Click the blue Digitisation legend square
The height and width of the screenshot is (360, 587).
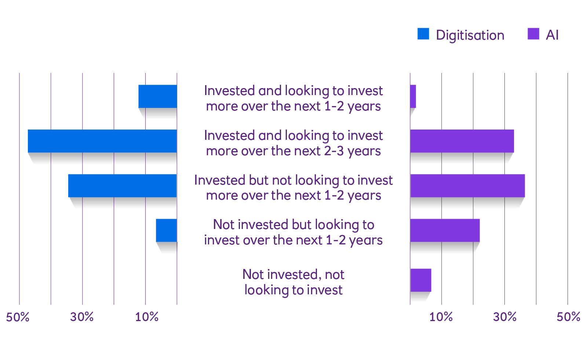click(x=423, y=34)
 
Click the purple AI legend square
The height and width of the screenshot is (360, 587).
click(x=533, y=34)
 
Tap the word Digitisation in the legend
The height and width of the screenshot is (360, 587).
click(x=470, y=35)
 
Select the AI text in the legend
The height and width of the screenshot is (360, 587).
click(x=552, y=34)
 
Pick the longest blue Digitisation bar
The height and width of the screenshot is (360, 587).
click(x=102, y=141)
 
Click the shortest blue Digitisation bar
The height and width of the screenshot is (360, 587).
click(x=167, y=230)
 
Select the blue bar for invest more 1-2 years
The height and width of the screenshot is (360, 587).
click(x=158, y=97)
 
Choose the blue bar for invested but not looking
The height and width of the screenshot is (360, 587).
click(x=123, y=186)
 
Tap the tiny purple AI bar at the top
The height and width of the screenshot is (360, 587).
click(x=413, y=97)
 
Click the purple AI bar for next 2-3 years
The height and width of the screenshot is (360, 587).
click(x=462, y=141)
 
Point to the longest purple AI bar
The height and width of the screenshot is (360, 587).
click(x=467, y=186)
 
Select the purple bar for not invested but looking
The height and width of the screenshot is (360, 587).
click(x=445, y=230)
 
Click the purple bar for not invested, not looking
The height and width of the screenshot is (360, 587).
click(x=420, y=280)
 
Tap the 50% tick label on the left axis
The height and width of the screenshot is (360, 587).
click(x=18, y=317)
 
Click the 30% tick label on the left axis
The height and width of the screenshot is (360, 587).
click(x=82, y=317)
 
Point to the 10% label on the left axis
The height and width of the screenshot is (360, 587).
click(x=147, y=317)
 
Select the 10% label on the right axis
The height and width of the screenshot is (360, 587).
click(x=441, y=317)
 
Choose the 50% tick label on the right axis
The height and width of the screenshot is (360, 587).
click(x=568, y=317)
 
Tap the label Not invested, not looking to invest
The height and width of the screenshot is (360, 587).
click(x=293, y=283)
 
